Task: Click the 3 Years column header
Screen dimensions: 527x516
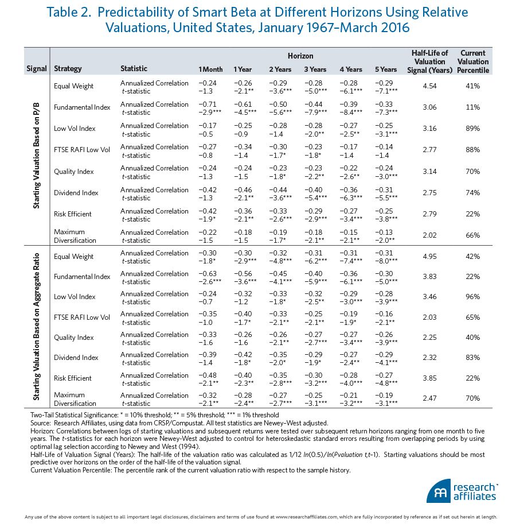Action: point(315,69)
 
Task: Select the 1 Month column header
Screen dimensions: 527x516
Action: point(210,69)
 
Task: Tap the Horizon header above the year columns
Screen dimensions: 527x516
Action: point(300,56)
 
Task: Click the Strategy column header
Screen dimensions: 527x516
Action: point(68,69)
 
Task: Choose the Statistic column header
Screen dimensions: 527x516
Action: point(134,69)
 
